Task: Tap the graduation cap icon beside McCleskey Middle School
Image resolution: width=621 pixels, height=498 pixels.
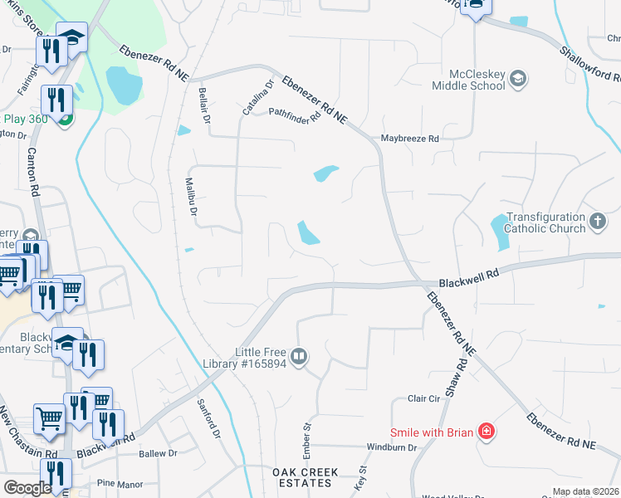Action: [518, 79]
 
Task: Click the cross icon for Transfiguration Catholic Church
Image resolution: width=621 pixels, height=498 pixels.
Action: [598, 221]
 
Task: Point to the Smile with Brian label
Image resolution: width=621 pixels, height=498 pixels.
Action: [431, 432]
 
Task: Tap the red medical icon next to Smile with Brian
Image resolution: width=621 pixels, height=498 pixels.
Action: [485, 432]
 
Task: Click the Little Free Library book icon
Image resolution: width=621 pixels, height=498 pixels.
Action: [299, 357]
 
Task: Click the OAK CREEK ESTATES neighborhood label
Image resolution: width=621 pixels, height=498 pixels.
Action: [306, 478]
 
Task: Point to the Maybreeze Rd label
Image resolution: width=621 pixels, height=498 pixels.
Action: [408, 139]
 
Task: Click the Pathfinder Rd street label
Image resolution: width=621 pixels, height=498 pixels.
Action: [294, 115]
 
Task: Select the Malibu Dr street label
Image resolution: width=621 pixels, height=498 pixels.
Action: [190, 198]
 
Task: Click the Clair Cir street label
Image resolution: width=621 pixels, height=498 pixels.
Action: [423, 398]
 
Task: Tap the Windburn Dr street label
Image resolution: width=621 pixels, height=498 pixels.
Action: [389, 447]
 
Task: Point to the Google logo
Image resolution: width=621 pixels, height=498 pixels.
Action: [27, 488]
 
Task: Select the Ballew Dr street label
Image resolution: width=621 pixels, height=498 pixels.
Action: [159, 453]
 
